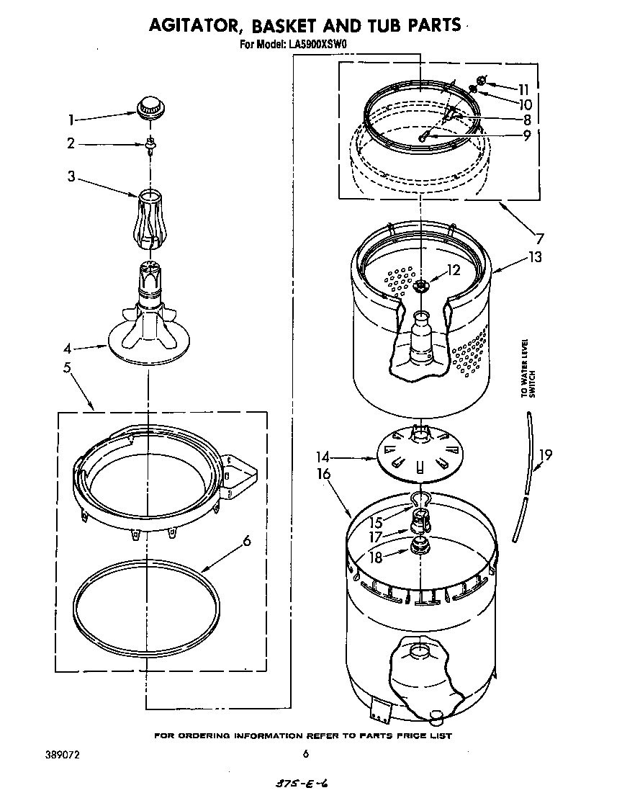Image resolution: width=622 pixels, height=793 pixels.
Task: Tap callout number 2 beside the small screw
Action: click(x=71, y=143)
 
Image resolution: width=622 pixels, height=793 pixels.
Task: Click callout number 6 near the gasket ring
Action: click(x=246, y=540)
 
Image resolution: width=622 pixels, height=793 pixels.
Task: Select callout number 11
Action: click(x=523, y=90)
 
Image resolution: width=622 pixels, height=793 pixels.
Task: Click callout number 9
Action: click(x=527, y=135)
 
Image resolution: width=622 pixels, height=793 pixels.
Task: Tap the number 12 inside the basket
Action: click(x=453, y=271)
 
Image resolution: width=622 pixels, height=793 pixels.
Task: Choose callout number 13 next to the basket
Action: click(x=535, y=256)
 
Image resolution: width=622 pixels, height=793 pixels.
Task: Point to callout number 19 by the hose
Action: click(x=546, y=454)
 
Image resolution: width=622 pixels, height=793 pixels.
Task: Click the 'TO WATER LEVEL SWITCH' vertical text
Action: click(x=529, y=369)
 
